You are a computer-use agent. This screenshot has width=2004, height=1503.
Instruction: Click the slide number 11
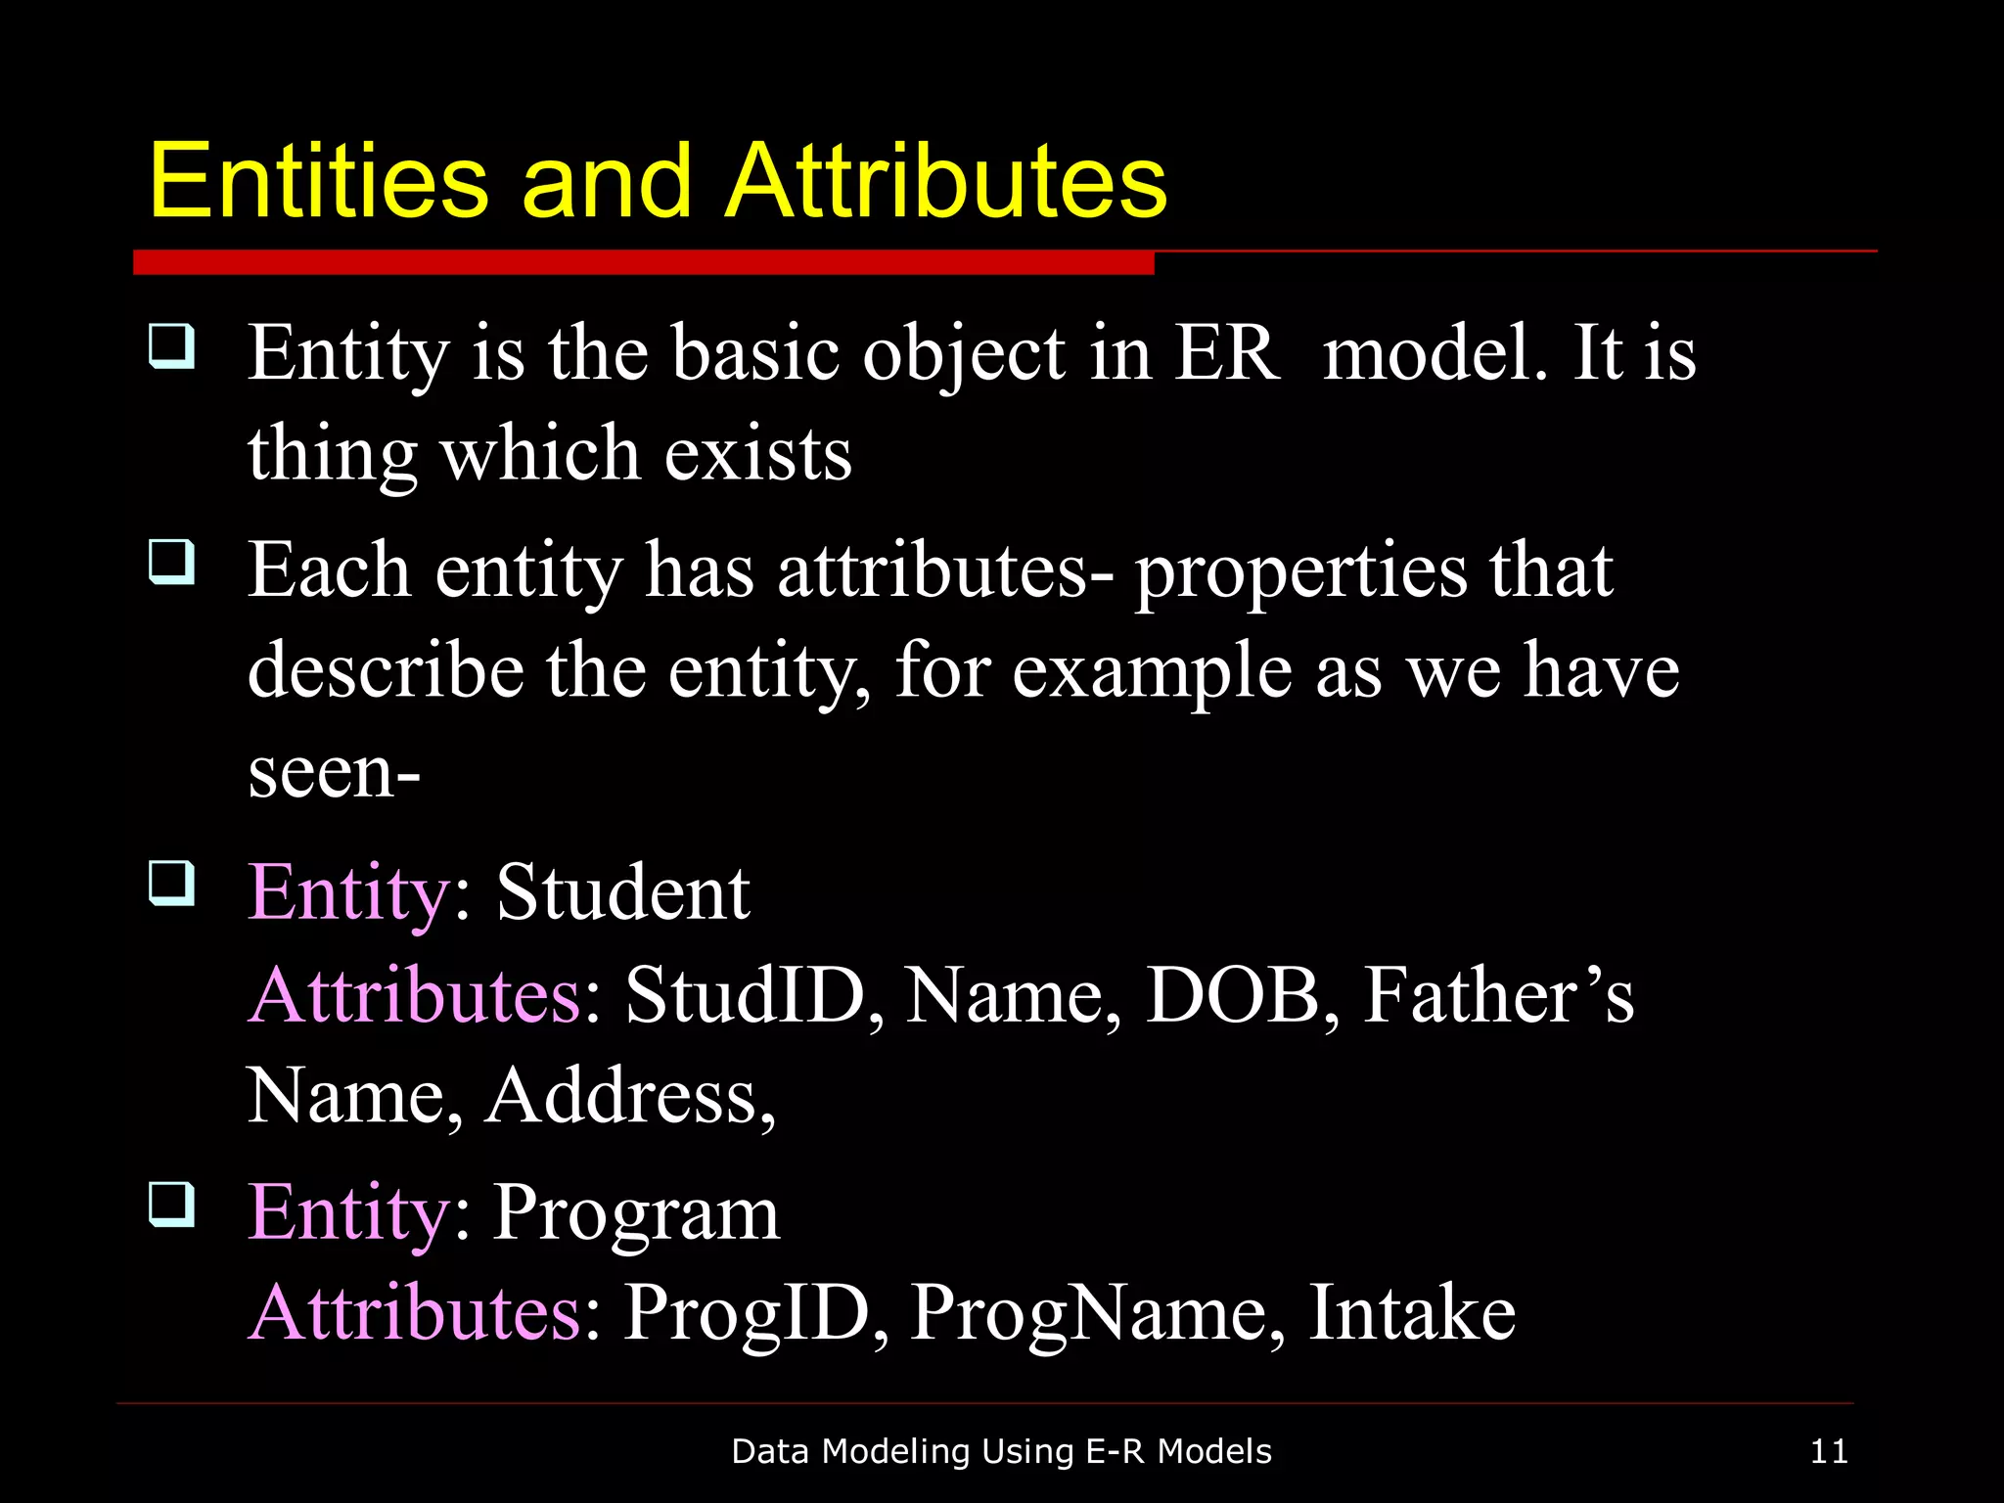coord(1828,1451)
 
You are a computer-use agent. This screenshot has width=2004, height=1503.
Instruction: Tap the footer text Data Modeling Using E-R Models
coord(1001,1451)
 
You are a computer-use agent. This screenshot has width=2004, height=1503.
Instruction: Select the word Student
coord(623,892)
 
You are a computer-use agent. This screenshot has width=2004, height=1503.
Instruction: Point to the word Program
coord(636,1213)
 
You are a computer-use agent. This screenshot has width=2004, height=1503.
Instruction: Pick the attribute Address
coord(631,1096)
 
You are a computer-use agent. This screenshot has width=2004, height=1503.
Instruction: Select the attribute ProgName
coord(1097,1313)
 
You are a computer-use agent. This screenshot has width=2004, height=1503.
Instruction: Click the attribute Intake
coord(1412,1313)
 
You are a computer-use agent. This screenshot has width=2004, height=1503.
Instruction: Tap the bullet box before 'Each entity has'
coord(172,562)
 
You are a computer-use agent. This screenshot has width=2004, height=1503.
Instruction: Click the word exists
coord(758,454)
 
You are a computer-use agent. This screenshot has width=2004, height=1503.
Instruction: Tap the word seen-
coord(334,772)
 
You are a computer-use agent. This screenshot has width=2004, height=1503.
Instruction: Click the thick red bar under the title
coord(643,262)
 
